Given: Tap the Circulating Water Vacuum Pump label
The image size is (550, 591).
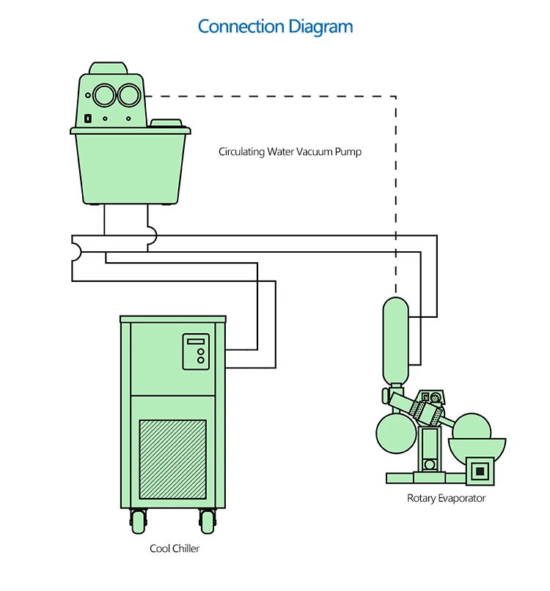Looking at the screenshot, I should (x=290, y=152).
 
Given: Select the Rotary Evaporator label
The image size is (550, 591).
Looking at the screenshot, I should (x=446, y=498).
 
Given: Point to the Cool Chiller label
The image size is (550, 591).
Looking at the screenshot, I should (x=175, y=548).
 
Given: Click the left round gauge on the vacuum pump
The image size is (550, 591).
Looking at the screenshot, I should (x=104, y=94).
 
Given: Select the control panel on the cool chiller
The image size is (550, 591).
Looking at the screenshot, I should (x=196, y=352).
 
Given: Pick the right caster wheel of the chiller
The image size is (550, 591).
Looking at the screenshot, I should (x=208, y=521).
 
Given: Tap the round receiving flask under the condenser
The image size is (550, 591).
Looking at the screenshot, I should (x=395, y=434).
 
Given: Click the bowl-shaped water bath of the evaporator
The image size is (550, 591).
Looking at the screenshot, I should (x=477, y=447).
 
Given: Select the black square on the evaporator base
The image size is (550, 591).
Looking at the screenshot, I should (x=480, y=469).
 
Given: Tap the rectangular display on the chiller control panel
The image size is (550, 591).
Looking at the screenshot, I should (x=195, y=341).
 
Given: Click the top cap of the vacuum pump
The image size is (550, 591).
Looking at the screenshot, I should (x=108, y=68).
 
